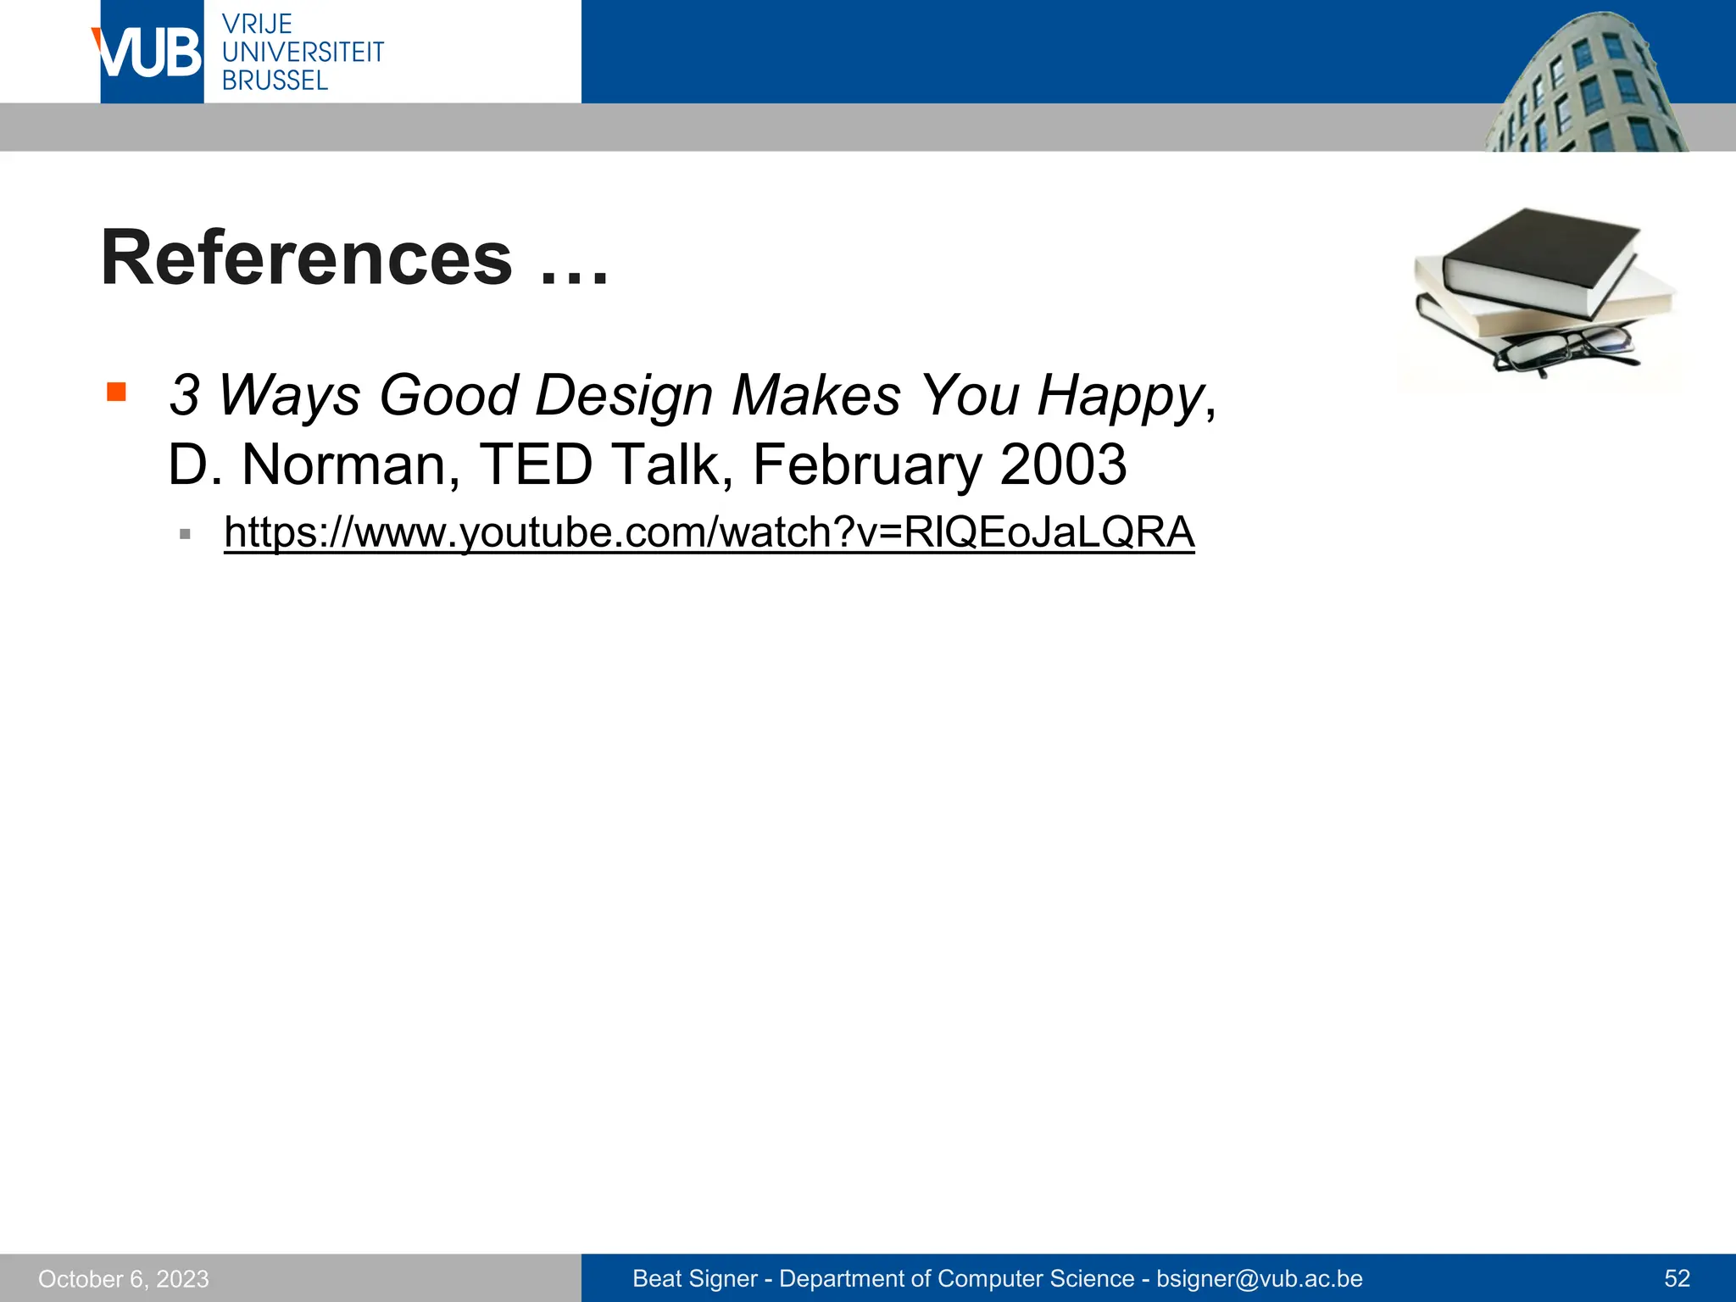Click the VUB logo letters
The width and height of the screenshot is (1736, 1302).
tap(148, 53)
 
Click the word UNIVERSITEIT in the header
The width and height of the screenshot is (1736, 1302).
tap(303, 53)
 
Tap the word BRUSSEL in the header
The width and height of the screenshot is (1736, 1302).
tap(275, 81)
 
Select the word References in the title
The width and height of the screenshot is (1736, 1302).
tap(307, 259)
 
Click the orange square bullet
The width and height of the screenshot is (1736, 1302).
tap(116, 392)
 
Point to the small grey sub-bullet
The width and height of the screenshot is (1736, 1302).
tap(185, 534)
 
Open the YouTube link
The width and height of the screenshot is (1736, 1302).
tap(709, 532)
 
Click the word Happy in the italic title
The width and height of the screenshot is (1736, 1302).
tap(1121, 396)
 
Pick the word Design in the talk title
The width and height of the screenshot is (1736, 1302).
tap(624, 396)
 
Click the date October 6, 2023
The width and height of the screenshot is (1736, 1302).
tap(124, 1278)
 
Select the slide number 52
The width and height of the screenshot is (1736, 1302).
tap(1677, 1278)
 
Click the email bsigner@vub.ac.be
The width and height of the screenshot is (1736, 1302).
tap(1260, 1278)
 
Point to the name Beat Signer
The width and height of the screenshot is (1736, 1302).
tap(695, 1278)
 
